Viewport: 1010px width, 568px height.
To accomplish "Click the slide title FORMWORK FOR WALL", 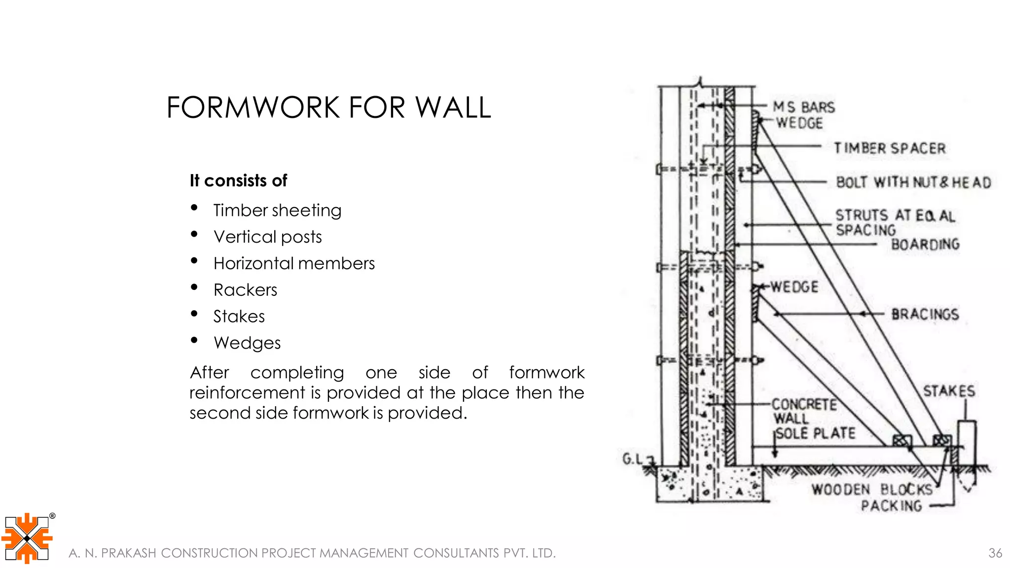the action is click(x=328, y=107).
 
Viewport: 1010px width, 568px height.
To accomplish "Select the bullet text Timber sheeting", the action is click(x=277, y=211).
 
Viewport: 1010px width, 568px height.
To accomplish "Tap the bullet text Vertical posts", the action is click(x=267, y=237).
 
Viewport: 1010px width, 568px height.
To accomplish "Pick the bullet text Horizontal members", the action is click(x=294, y=264).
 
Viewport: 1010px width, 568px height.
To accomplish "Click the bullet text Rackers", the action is click(x=245, y=290).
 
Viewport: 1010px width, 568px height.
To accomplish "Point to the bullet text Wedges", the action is click(x=247, y=343).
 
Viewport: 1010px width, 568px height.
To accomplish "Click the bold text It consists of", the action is click(x=238, y=181).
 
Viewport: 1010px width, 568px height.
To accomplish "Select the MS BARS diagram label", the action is click(x=804, y=107).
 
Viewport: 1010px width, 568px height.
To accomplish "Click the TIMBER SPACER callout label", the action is click(x=890, y=148).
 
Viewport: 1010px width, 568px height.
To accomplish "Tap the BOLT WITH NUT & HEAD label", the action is click(x=913, y=182).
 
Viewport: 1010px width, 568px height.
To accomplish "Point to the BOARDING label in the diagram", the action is click(x=925, y=245).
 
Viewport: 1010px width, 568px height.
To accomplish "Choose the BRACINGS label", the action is click(x=925, y=314).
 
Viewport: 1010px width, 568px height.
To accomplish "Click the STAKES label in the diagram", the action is click(x=949, y=391).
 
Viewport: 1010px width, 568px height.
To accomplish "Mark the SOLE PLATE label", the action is click(x=816, y=433).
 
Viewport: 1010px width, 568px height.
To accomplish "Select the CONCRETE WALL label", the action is click(x=804, y=411).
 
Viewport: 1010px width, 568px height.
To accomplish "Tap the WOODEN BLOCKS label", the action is click(x=872, y=490).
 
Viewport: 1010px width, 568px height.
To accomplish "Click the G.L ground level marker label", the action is click(x=633, y=460).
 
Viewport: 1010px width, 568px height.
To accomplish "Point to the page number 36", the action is click(x=995, y=553).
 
